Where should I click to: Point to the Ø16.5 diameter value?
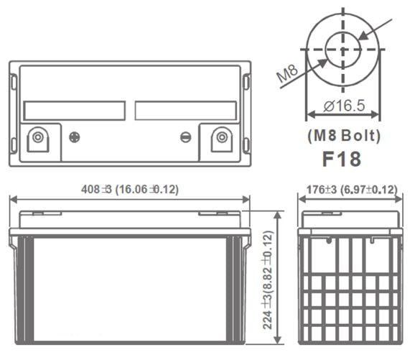(x=345, y=106)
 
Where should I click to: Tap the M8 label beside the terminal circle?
(x=287, y=74)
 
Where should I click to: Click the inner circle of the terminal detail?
(x=343, y=49)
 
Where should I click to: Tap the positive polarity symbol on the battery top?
(x=74, y=137)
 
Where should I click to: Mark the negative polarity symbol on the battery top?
(x=185, y=137)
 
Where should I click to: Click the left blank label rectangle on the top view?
(x=74, y=110)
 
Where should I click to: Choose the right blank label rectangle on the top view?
(x=186, y=110)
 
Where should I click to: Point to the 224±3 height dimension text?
(x=269, y=280)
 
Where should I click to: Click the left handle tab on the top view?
(x=13, y=83)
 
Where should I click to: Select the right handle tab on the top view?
(x=247, y=83)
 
